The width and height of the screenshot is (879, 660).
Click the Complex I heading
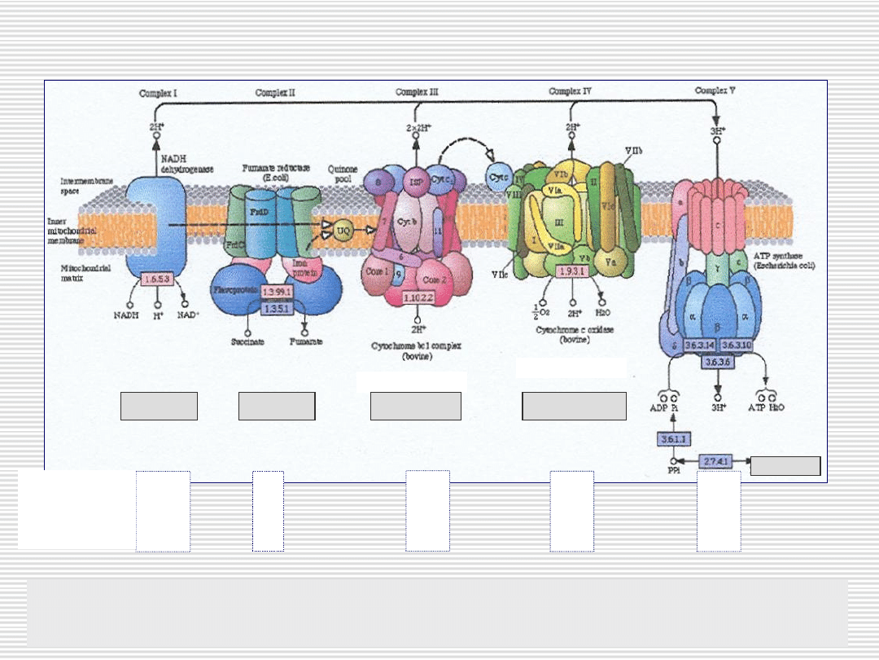(x=158, y=93)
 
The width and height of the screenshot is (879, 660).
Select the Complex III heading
(x=418, y=92)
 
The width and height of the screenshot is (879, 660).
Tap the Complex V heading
(x=715, y=90)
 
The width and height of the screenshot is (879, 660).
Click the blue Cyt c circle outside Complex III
(x=499, y=174)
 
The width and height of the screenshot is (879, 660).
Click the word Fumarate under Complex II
(x=305, y=341)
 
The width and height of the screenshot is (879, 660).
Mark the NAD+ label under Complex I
(x=188, y=314)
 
